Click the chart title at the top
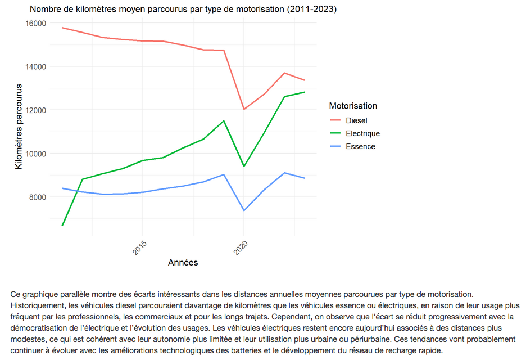183,10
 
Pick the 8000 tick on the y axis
38,197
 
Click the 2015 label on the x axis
141,247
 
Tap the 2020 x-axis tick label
242,247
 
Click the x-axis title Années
183,263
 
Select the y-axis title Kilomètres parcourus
19,127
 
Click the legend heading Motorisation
353,106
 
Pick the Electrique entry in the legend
362,133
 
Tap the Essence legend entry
360,146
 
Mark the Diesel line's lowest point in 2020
244,109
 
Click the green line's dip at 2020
244,166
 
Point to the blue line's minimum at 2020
244,210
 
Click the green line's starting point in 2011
62,225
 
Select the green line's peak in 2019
224,120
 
